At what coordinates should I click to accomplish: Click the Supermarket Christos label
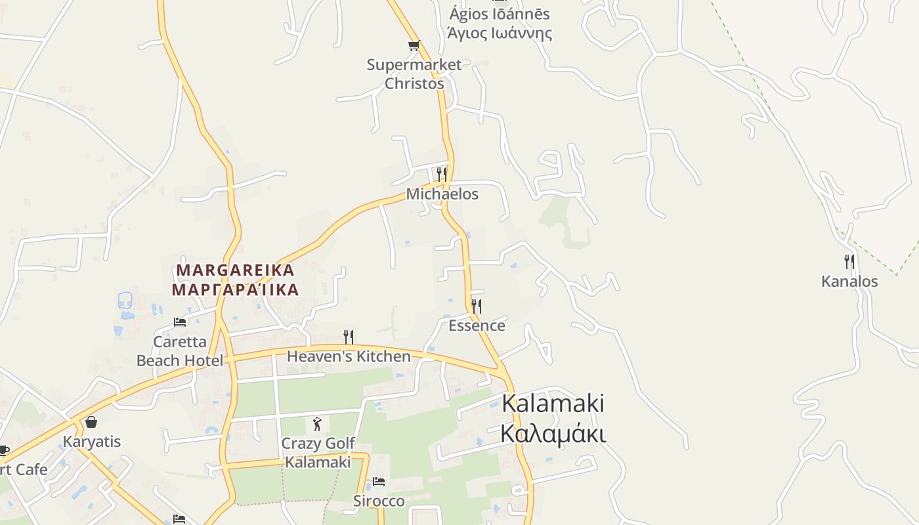414,74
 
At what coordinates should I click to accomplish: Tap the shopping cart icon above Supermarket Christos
414,45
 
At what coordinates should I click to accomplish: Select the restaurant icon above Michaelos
442,174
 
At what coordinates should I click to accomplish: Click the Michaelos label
442,194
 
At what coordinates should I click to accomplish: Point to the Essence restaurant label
477,325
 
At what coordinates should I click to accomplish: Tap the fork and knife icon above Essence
477,306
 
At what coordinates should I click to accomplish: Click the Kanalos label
849,282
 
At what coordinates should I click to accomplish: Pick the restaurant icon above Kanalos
849,262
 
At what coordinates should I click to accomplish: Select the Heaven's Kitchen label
349,356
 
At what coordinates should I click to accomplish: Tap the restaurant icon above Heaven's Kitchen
349,337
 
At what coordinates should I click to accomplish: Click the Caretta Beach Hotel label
180,351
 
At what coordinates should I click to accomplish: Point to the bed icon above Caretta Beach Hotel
180,322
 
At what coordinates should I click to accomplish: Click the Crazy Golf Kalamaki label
318,453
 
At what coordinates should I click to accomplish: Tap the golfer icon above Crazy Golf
318,424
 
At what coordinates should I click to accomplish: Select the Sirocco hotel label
379,501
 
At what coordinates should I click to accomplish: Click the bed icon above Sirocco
379,482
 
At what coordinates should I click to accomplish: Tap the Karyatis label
92,442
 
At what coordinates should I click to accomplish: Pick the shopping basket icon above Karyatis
91,422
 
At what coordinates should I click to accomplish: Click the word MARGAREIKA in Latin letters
236,270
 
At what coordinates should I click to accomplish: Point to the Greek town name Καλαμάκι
553,434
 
